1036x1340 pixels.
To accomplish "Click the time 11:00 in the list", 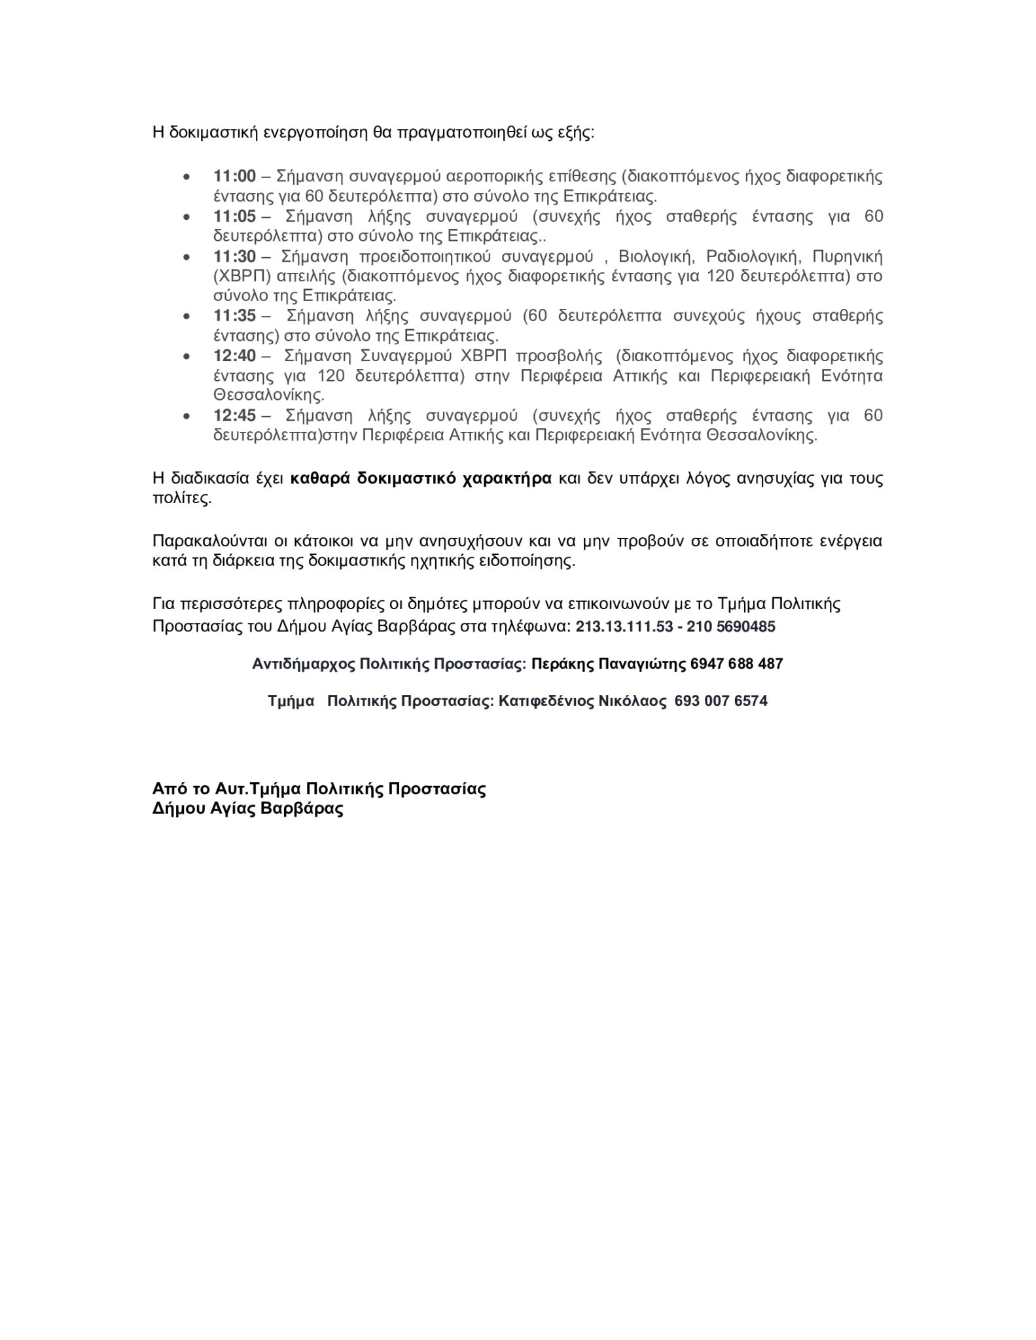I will [234, 176].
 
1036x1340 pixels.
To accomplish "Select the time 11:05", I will [234, 216].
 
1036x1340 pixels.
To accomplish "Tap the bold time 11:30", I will [234, 256].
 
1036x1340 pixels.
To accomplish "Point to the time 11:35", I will [234, 316].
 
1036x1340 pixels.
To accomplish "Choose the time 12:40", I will [234, 356].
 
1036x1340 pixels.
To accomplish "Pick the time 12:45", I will [234, 415].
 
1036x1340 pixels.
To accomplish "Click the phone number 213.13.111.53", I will [624, 627].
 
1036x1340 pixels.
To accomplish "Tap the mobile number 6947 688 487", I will [736, 664].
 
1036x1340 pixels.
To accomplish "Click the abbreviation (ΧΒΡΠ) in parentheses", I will [241, 276].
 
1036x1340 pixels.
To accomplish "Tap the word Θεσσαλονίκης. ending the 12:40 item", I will [269, 396].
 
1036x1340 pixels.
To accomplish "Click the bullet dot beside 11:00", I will [187, 177].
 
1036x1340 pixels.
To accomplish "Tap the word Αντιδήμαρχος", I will [304, 664].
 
